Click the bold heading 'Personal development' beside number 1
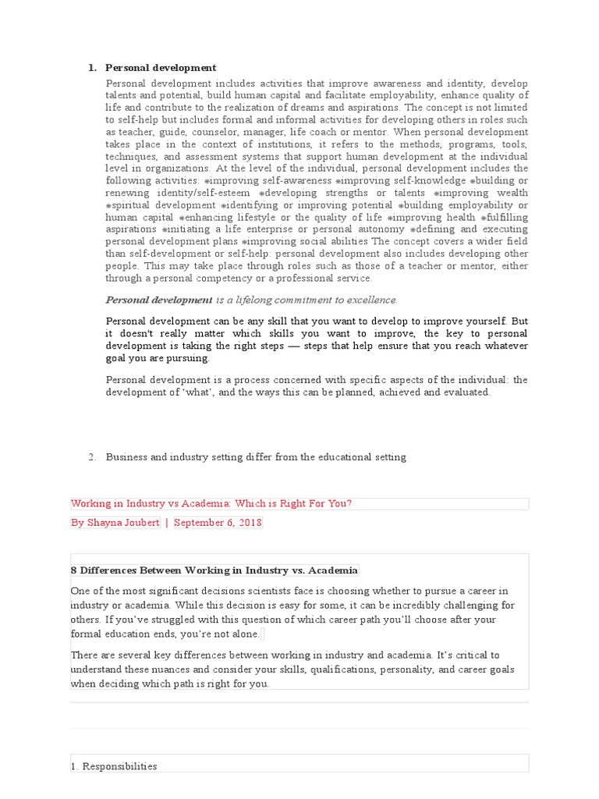coord(161,68)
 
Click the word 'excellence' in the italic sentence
coord(370,300)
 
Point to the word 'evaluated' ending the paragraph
coord(465,392)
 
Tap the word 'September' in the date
coord(200,523)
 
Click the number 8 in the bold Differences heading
coord(74,571)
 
